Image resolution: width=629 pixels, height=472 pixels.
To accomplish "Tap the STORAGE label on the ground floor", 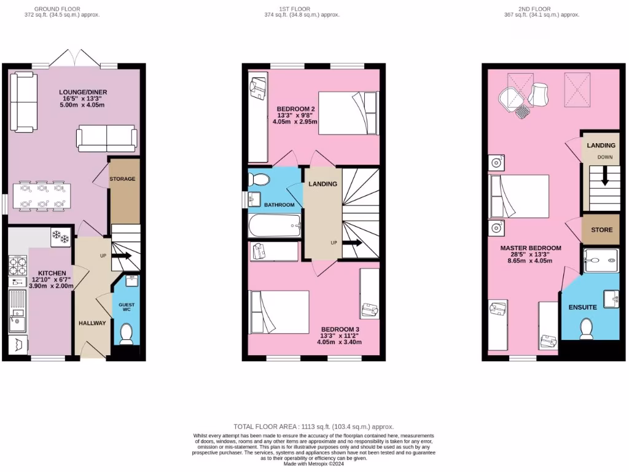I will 122,179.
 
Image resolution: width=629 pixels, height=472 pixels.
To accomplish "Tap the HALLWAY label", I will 92,323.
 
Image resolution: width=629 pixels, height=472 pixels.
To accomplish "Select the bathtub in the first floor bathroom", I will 274,226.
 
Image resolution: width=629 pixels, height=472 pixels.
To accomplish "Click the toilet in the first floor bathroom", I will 259,179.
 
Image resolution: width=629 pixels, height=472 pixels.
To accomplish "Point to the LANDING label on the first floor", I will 322,184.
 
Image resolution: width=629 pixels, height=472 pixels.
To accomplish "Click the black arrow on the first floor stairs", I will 352,243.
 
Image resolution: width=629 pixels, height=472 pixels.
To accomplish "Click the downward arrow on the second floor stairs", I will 605,176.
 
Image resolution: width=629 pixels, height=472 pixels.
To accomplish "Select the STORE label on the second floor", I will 601,230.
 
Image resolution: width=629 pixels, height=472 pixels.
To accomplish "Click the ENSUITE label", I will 583,307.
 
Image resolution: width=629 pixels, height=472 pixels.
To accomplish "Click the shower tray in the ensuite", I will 601,261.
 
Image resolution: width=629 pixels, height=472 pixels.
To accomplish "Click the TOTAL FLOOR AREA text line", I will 314,427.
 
